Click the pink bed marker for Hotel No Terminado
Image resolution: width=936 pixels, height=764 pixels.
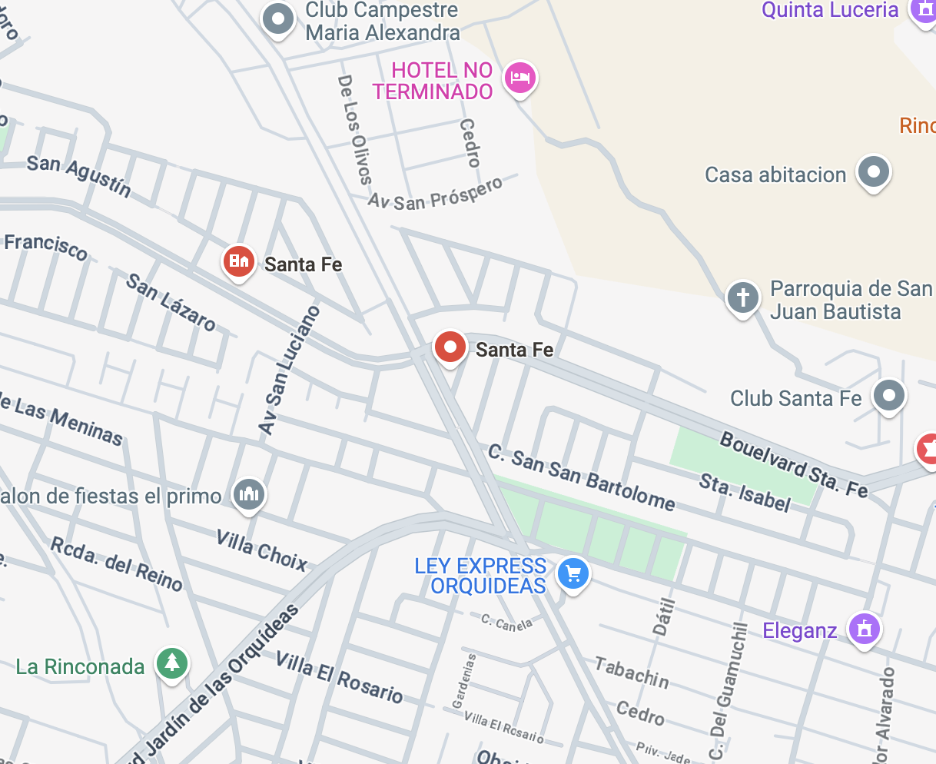click(x=520, y=78)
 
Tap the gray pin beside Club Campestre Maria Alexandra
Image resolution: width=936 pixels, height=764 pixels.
click(x=278, y=18)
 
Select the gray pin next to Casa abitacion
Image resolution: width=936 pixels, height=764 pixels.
click(x=873, y=171)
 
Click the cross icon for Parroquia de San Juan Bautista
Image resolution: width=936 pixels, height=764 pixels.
click(x=742, y=297)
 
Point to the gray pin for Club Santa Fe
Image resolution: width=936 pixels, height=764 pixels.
click(x=889, y=396)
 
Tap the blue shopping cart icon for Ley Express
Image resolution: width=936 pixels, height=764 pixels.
click(x=573, y=573)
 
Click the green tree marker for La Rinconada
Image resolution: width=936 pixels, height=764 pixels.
click(x=172, y=662)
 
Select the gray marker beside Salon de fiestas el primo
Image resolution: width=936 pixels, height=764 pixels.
click(x=249, y=493)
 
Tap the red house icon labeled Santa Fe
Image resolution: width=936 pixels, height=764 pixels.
click(x=238, y=261)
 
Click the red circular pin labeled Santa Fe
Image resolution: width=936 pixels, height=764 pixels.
click(x=450, y=347)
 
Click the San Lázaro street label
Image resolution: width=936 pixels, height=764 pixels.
click(x=171, y=301)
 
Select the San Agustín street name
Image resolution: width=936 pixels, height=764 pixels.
click(x=78, y=175)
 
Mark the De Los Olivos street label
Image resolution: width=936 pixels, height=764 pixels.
click(x=354, y=129)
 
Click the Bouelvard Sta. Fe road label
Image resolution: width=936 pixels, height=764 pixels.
click(x=793, y=463)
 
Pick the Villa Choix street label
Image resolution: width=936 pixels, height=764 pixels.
click(x=261, y=549)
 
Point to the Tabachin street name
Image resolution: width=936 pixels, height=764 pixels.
click(x=632, y=673)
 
